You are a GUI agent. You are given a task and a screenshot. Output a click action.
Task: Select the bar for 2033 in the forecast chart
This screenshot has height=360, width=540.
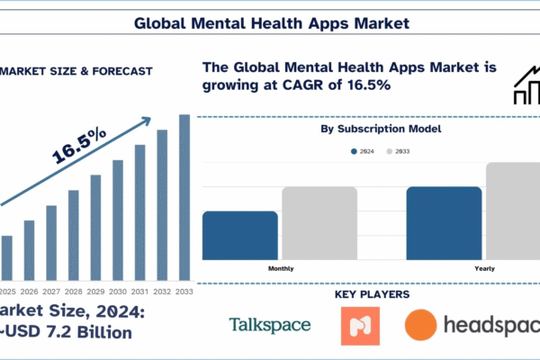click(x=184, y=198)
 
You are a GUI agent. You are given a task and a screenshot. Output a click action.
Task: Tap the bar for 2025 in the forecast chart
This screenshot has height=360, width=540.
click(x=7, y=258)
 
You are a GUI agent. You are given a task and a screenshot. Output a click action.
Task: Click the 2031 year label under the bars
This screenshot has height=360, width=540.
click(x=139, y=292)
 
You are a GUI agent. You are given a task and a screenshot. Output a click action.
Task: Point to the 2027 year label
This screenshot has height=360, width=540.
click(x=51, y=292)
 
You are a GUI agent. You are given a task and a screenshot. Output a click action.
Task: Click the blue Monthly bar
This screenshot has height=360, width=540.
click(x=240, y=236)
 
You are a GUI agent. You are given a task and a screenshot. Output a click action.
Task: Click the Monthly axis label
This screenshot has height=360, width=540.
click(x=281, y=268)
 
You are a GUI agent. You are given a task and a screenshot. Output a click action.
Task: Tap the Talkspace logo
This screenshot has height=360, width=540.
click(x=270, y=325)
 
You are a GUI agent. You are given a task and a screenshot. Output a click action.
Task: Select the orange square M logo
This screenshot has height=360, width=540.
click(x=360, y=326)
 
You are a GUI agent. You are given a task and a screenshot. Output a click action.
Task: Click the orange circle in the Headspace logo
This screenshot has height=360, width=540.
click(x=422, y=326)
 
